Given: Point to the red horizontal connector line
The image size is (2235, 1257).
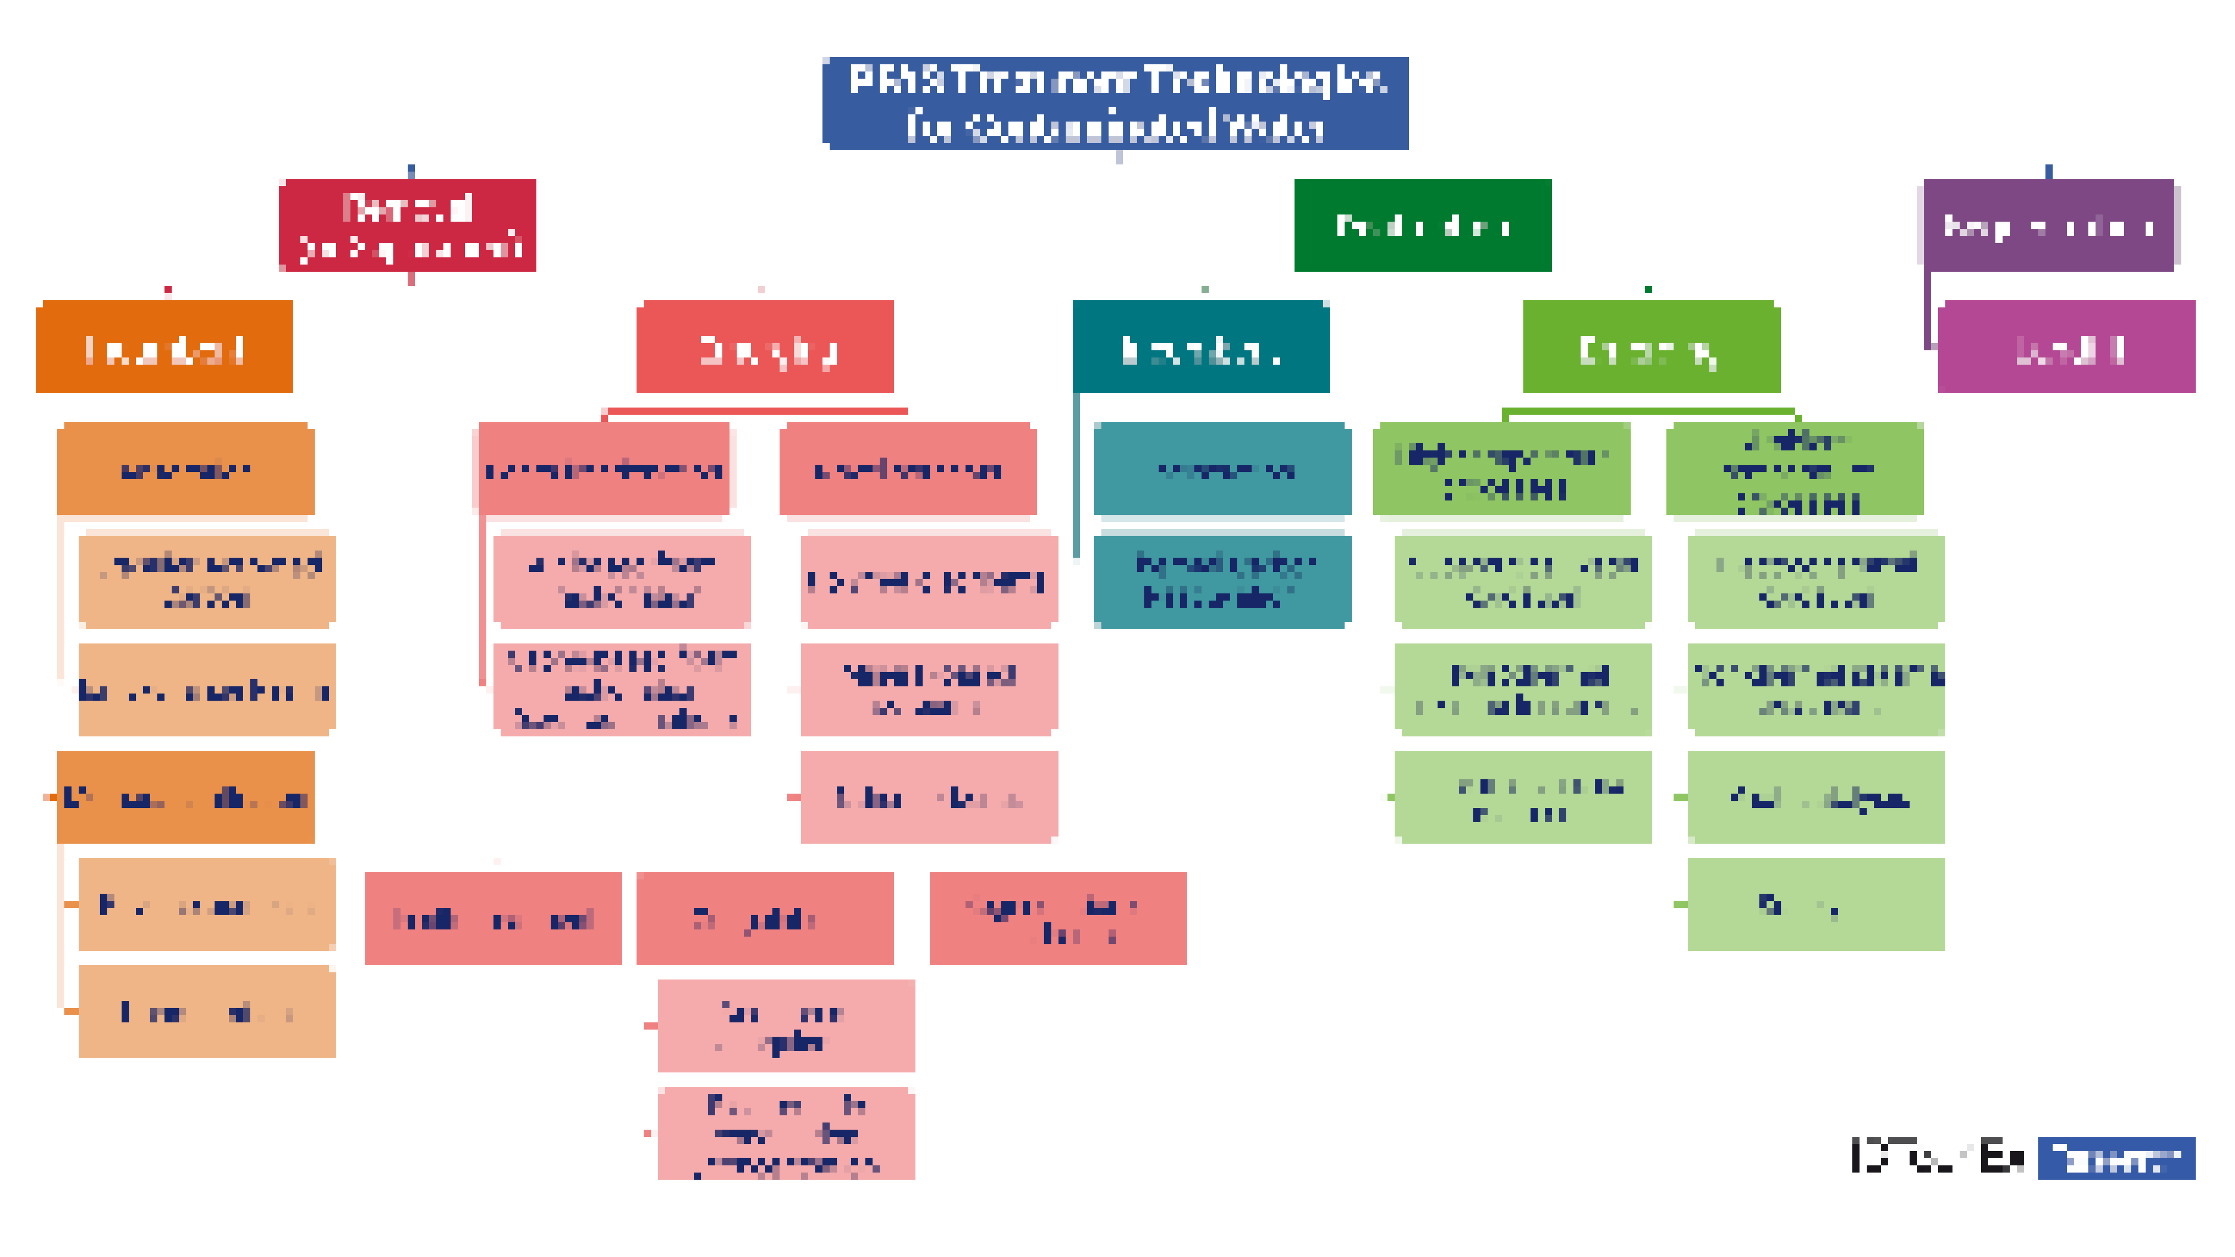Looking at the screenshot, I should (757, 410).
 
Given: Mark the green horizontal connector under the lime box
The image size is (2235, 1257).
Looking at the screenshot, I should (1649, 410).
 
